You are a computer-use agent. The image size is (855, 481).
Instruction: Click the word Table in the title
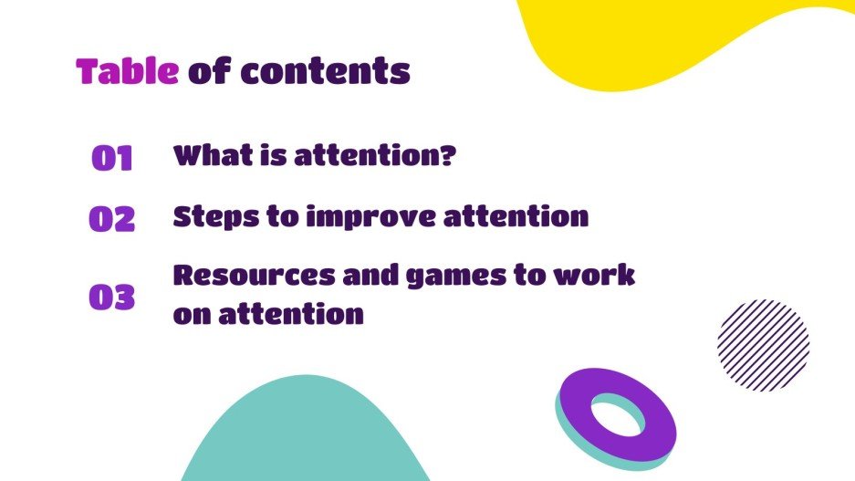[127, 71]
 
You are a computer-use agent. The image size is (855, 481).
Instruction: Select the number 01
[112, 159]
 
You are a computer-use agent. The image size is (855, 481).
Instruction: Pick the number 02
[112, 219]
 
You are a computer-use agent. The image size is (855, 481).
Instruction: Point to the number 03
[112, 298]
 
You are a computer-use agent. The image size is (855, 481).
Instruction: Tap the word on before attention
[192, 315]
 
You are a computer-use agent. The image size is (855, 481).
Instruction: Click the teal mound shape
[306, 438]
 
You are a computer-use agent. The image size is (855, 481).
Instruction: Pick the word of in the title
[208, 71]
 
